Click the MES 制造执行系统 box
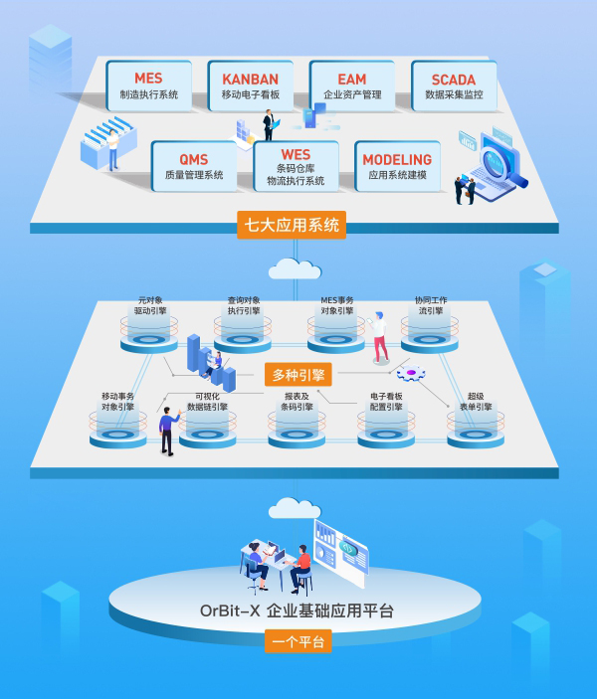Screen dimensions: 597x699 click(x=149, y=86)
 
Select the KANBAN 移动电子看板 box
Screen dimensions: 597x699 click(x=251, y=86)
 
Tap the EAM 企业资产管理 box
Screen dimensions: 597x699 click(x=352, y=86)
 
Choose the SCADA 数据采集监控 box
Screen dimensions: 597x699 click(x=454, y=86)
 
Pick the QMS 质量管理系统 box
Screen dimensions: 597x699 click(x=194, y=166)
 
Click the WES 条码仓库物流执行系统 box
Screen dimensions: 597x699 click(x=296, y=166)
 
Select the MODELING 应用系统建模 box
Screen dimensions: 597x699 click(x=398, y=166)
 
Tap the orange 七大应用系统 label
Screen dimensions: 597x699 click(x=292, y=225)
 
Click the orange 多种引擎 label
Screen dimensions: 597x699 click(x=298, y=375)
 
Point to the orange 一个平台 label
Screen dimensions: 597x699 click(x=298, y=641)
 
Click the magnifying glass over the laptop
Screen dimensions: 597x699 click(x=501, y=165)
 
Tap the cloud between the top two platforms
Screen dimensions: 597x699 click(x=295, y=268)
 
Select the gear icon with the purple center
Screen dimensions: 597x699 click(x=411, y=373)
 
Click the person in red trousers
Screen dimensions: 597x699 click(x=379, y=337)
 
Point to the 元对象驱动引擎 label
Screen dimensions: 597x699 click(x=150, y=305)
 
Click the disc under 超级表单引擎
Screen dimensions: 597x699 click(x=476, y=436)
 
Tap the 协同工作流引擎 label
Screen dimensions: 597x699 click(x=431, y=305)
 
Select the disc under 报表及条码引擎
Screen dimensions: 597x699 click(x=297, y=436)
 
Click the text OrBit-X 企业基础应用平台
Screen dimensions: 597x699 click(x=297, y=611)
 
